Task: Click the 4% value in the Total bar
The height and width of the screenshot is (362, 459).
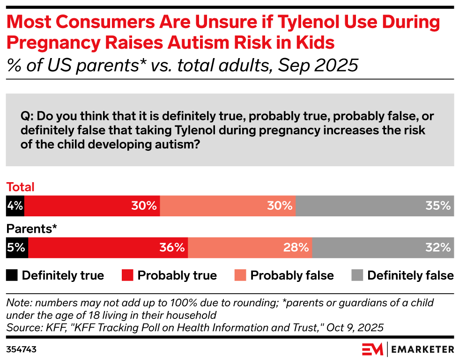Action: pos(15,206)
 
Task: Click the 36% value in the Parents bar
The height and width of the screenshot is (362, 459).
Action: pos(172,248)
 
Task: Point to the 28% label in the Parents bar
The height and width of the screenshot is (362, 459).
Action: pos(296,248)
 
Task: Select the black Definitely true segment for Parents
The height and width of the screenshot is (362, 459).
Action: pos(17,248)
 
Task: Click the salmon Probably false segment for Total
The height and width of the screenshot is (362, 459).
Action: pos(228,206)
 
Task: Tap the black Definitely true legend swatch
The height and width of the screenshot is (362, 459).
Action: pos(12,275)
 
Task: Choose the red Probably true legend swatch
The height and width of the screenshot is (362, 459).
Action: pos(127,275)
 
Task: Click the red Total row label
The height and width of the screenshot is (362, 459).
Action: pos(21,187)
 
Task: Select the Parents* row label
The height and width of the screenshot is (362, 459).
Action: pos(31,229)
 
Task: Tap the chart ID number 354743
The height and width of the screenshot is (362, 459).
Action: pos(22,349)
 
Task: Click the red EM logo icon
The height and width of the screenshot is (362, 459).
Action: pos(372,349)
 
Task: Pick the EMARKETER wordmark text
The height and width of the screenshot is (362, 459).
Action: pos(422,349)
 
